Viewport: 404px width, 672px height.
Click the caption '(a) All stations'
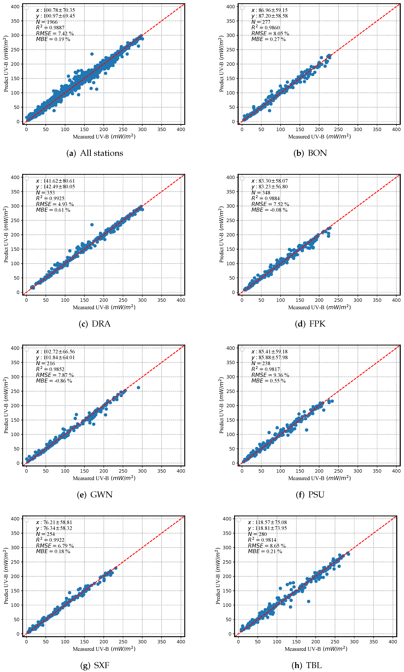95,153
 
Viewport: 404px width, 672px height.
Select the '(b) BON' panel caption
310,153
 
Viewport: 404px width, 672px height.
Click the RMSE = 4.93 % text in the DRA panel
55,204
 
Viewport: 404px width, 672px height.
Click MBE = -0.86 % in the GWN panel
54,381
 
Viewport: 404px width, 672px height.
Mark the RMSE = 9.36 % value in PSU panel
270,375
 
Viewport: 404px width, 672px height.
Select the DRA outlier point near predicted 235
92,225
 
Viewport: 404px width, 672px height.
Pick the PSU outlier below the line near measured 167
307,430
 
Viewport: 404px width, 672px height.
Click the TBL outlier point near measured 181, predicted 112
308,601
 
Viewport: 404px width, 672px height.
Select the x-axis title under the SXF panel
104,649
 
